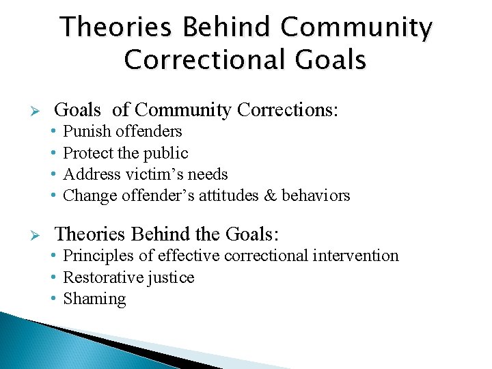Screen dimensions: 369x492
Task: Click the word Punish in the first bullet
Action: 87,131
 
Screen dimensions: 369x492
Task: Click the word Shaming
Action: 94,299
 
